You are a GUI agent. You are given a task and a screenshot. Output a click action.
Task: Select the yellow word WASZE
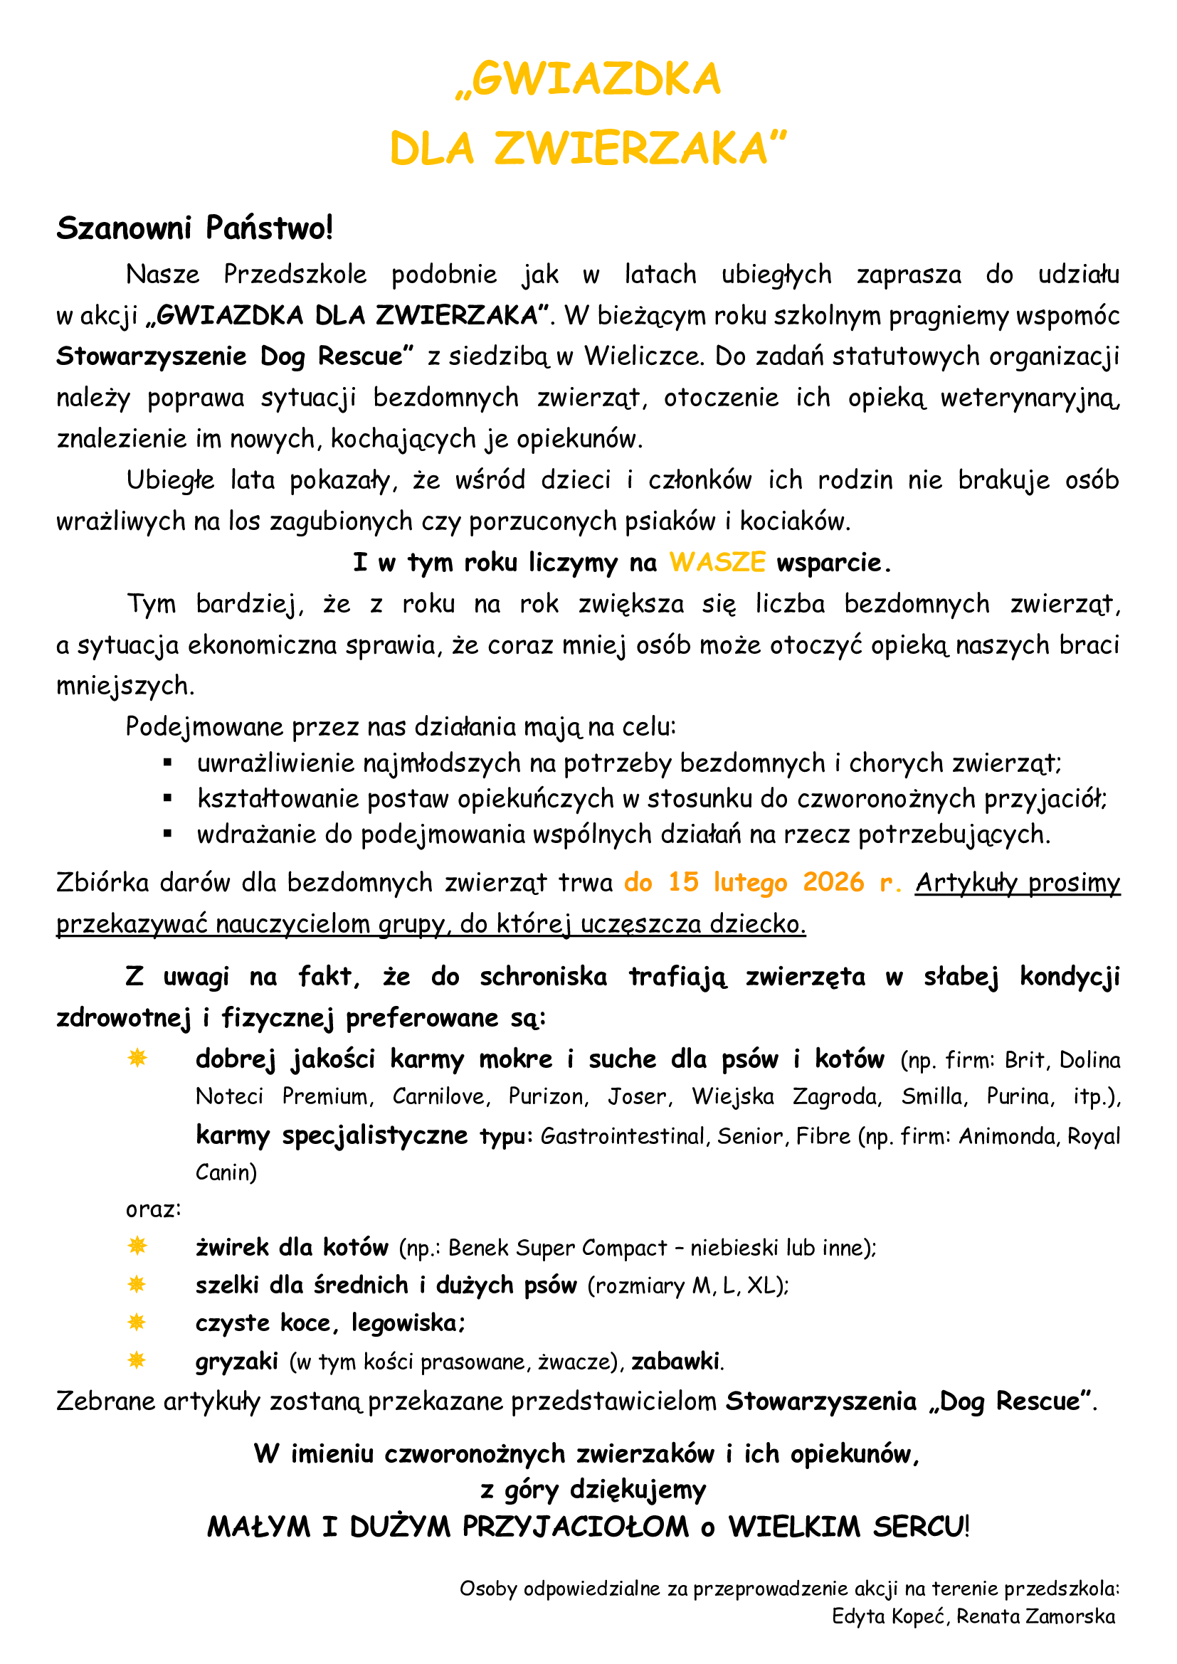click(x=717, y=563)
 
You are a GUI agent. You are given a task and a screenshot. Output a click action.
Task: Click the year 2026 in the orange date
click(x=833, y=882)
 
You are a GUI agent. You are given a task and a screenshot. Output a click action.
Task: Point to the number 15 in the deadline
click(x=682, y=882)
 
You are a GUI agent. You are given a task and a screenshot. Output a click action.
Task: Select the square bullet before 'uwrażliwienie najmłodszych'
click(x=167, y=763)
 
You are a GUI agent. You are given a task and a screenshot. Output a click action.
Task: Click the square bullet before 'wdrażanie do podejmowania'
click(x=167, y=834)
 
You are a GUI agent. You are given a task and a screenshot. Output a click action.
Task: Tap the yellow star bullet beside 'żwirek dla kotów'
click(x=137, y=1246)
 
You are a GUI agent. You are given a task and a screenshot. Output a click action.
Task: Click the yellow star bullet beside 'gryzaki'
click(x=137, y=1360)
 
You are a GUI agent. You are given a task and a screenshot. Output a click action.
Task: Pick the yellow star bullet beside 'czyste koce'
click(x=137, y=1323)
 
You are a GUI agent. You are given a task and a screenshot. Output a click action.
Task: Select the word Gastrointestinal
click(x=622, y=1135)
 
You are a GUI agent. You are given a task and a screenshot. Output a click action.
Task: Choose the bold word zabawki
click(x=675, y=1361)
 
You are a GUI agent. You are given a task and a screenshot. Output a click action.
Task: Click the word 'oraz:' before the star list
click(x=154, y=1209)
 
